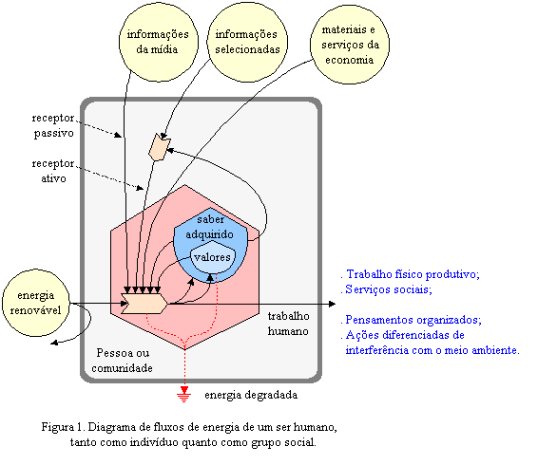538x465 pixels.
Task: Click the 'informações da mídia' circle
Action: [x=159, y=42]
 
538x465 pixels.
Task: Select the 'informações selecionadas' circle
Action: [x=247, y=42]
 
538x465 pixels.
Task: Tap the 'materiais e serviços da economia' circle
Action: [x=350, y=45]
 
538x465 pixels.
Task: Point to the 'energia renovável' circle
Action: [x=36, y=303]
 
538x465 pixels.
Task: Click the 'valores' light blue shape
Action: [x=213, y=257]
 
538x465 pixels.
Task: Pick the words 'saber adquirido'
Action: [x=210, y=227]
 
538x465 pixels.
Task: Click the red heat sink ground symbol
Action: [x=184, y=394]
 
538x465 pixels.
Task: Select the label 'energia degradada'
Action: [x=251, y=395]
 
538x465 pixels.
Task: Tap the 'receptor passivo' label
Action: [x=53, y=125]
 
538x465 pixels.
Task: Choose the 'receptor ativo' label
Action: [x=53, y=171]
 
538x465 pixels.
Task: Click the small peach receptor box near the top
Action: [x=159, y=147]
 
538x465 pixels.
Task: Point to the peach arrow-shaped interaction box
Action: [x=144, y=304]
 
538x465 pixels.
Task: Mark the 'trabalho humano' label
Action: [x=288, y=324]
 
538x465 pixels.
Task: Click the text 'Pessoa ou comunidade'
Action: [x=123, y=361]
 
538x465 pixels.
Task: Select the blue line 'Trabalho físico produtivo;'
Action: [x=410, y=274]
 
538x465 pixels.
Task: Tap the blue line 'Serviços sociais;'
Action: [x=386, y=289]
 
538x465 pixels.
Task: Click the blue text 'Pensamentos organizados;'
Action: [x=411, y=320]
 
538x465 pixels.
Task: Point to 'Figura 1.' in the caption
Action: [x=63, y=427]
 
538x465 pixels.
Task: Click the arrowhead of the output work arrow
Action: [x=332, y=304]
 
